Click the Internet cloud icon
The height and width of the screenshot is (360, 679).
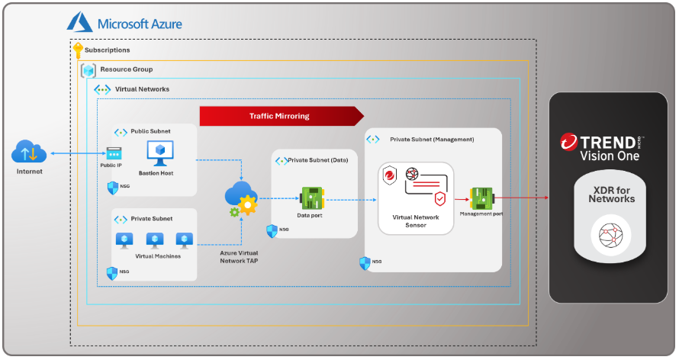[x=30, y=153]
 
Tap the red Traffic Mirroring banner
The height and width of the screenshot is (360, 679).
[x=279, y=116]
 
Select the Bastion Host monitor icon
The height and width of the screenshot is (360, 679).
[x=161, y=155]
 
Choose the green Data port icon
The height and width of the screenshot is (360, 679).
[x=311, y=198]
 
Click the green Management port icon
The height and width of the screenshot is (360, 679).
[x=481, y=198]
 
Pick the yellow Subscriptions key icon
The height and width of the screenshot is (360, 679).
[x=78, y=50]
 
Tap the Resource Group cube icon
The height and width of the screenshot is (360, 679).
[x=89, y=70]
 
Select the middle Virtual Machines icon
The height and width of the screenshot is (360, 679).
[x=153, y=240]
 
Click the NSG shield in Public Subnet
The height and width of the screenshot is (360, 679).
[x=113, y=186]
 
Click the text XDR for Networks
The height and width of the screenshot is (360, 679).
[x=611, y=194]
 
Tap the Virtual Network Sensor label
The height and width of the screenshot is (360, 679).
[x=417, y=220]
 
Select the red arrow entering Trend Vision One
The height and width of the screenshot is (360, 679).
[x=538, y=198]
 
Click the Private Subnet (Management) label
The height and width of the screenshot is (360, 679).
[x=432, y=140]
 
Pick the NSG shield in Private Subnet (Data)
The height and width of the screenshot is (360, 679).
[x=272, y=230]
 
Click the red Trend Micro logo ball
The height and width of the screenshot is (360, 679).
[x=568, y=142]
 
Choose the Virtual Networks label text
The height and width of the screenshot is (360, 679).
[x=142, y=89]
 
